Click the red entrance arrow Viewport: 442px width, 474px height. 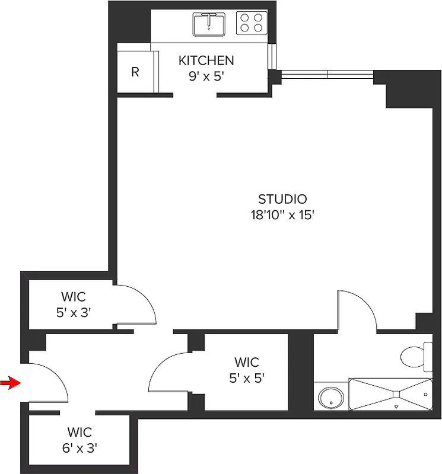click(10, 383)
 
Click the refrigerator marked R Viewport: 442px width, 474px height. click(135, 72)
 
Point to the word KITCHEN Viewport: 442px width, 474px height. click(206, 60)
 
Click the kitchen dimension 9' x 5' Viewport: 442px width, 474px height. click(206, 76)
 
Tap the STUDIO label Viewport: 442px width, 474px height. click(282, 199)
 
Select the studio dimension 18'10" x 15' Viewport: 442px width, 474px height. click(282, 214)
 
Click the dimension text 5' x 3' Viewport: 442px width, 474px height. click(74, 312)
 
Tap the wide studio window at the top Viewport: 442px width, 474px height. click(327, 75)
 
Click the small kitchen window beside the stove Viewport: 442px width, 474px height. click(272, 56)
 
